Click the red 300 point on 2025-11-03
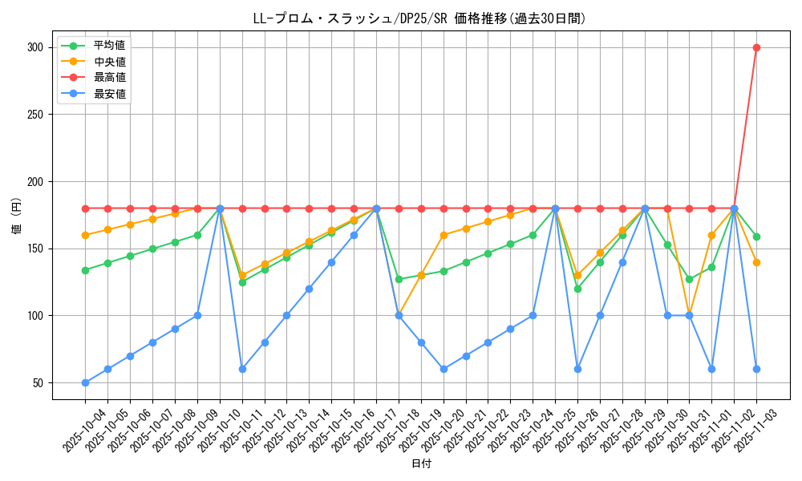(756, 47)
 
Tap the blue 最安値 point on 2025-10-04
(85, 382)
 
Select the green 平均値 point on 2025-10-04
(85, 270)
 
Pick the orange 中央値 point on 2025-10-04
(85, 235)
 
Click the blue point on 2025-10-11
(242, 369)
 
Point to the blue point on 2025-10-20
(444, 369)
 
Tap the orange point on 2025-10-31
(689, 315)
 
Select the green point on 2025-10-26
(577, 289)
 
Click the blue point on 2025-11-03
(756, 369)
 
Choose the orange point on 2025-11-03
(756, 262)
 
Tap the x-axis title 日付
(421, 464)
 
